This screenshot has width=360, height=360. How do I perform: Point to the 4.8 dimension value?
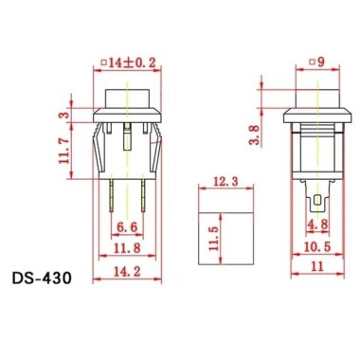pos(317,225)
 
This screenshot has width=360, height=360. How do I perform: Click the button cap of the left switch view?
pos(126,98)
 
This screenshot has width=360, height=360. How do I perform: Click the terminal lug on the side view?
pos(316,199)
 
